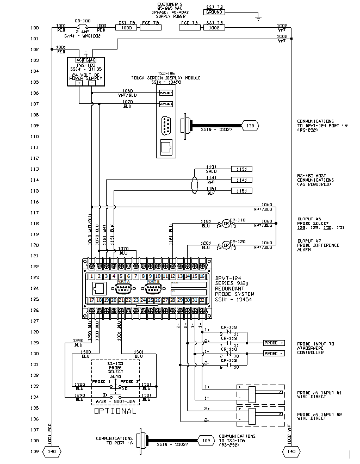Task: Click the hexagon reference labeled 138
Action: [250, 126]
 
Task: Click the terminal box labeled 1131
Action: [241, 169]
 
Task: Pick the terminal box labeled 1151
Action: [241, 190]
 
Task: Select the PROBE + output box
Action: [274, 343]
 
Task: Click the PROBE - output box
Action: [274, 354]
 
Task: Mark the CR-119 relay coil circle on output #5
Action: [225, 224]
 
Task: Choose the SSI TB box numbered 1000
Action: [127, 27]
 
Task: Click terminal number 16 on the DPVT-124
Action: [202, 277]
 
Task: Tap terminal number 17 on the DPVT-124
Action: [92, 300]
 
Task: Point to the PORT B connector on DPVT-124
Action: [154, 288]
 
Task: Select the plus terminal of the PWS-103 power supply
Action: [79, 82]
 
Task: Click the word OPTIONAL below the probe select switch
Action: [115, 411]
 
